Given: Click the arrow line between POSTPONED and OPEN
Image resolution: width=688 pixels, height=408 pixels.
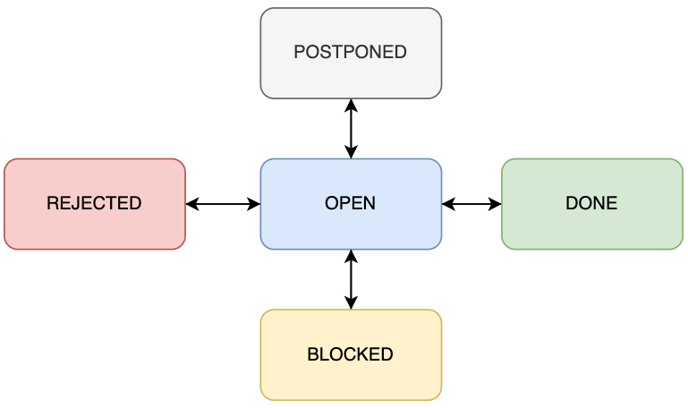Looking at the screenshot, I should (351, 129).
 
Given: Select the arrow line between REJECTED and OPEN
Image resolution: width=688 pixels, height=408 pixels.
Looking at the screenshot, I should (223, 204).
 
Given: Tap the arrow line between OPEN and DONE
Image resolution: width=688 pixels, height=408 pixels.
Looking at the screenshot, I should (471, 204).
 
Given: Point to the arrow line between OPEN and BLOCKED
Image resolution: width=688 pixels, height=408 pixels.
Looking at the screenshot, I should (351, 279).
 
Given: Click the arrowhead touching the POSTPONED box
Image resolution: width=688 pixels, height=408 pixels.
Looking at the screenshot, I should (351, 105).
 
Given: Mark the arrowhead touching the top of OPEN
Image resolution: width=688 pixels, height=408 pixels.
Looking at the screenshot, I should (351, 153).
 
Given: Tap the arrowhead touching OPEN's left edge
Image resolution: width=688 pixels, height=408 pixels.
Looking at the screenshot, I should (254, 204).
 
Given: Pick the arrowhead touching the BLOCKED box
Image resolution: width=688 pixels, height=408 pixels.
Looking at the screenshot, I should (351, 303).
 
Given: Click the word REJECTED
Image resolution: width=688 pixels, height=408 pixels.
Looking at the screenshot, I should (94, 203).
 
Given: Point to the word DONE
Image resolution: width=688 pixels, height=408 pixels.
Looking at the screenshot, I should (591, 203).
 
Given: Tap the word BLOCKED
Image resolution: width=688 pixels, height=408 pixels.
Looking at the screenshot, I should (350, 354).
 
